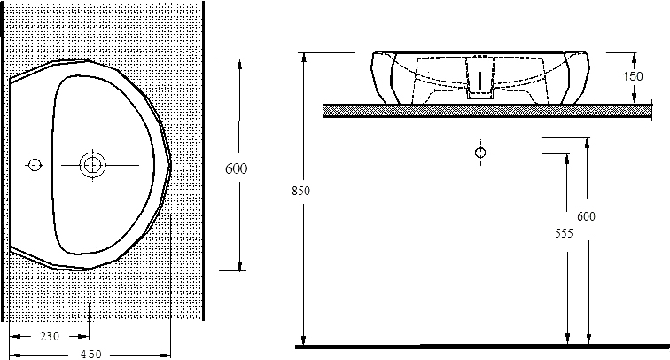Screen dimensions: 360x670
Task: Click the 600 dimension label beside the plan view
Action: tap(236, 168)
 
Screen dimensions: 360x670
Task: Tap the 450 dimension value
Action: tap(91, 354)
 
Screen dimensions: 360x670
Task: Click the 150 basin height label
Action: tap(633, 76)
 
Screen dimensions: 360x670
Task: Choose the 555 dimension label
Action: tap(563, 233)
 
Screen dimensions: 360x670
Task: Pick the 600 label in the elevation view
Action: tap(586, 216)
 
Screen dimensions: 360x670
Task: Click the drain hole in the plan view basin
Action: tap(91, 164)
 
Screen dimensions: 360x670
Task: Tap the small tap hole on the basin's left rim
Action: tap(34, 164)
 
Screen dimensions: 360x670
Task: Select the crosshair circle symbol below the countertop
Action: tap(479, 153)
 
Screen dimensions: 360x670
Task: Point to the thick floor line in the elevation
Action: tap(479, 347)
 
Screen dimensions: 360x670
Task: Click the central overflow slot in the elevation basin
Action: tap(479, 74)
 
